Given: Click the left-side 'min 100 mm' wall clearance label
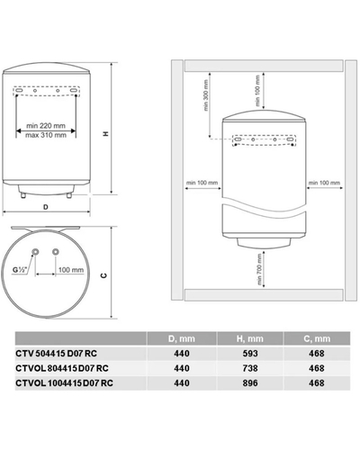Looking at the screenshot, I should pos(202,183).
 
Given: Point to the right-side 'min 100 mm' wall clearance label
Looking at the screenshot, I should pos(324,183).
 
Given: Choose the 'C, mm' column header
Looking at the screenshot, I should pos(314,363).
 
